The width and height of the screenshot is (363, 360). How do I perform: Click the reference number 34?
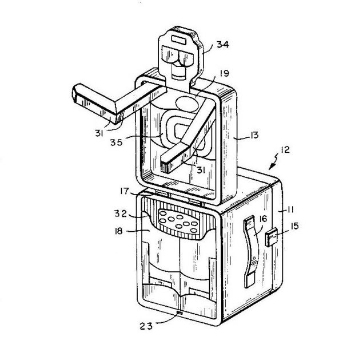tap(223, 45)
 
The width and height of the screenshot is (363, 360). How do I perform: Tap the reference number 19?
tap(224, 73)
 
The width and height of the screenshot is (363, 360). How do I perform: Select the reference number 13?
tap(254, 135)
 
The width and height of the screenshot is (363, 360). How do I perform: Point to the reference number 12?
tap(285, 150)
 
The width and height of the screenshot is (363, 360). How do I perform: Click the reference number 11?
tap(290, 210)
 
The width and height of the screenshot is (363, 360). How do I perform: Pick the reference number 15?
tap(294, 226)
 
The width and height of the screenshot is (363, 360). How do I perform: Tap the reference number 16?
tap(263, 219)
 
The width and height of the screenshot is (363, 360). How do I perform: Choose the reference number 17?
tap(124, 191)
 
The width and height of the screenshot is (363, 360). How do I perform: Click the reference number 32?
tap(121, 213)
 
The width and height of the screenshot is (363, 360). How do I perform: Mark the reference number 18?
tap(118, 231)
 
